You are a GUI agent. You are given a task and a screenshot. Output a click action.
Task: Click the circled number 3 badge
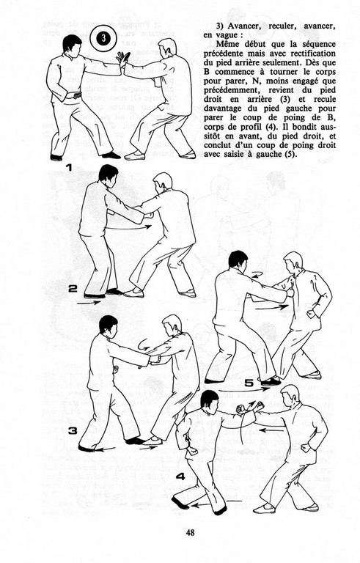[x=103, y=39]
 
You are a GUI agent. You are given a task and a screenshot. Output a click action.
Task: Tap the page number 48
[x=191, y=532]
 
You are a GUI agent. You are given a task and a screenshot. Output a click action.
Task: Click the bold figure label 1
[x=70, y=168]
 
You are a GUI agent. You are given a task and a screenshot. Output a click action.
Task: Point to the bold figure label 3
[x=73, y=431]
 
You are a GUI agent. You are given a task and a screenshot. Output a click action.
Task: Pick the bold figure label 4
[x=180, y=476]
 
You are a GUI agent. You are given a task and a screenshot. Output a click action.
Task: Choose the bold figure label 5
[x=249, y=383]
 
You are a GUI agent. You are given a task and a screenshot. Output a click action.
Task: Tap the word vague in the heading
[x=224, y=35]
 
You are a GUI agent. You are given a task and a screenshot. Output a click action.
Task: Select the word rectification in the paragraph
[x=311, y=53]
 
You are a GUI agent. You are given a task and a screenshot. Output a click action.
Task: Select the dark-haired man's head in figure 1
[x=72, y=45]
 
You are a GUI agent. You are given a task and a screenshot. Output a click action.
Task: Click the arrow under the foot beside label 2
[x=89, y=303]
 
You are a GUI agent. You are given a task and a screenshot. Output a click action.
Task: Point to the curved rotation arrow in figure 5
[x=257, y=275]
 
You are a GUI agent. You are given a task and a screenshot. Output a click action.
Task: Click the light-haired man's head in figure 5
[x=293, y=262]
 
